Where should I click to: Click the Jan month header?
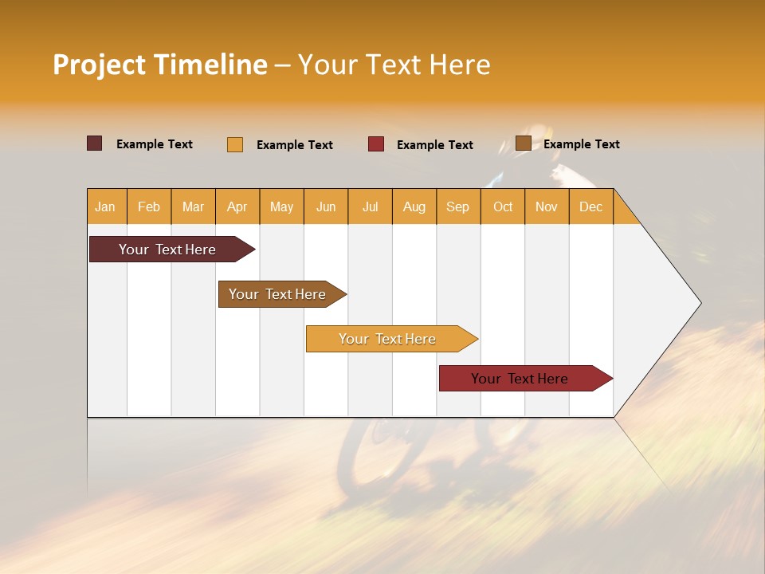105,206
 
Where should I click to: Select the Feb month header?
149,206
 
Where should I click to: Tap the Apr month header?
237,206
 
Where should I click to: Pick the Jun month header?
326,206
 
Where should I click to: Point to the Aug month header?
414,206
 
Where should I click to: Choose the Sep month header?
457,206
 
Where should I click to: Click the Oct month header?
503,206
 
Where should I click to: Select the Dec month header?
590,206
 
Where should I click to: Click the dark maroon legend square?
95,143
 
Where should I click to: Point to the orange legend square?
235,144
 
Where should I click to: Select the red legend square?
376,144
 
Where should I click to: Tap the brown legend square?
524,143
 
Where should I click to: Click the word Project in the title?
99,65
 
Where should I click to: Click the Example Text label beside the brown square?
581,144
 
